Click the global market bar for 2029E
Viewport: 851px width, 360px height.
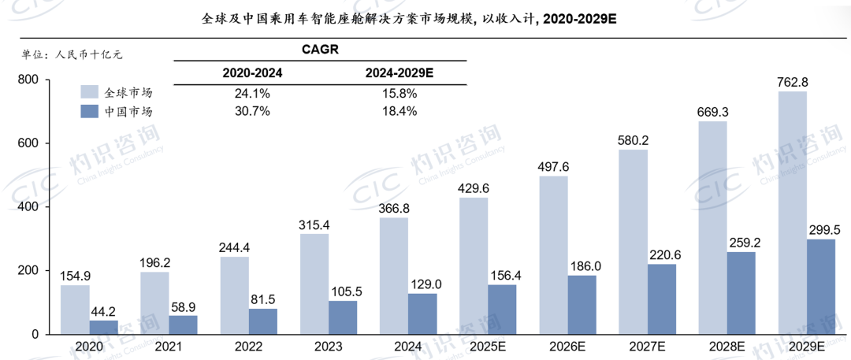click(793, 213)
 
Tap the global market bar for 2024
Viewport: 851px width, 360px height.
click(394, 276)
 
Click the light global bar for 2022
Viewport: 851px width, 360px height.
click(235, 295)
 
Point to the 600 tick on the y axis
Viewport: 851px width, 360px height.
click(28, 143)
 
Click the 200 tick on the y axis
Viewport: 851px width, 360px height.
click(28, 270)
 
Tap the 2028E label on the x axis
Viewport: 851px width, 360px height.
click(725, 346)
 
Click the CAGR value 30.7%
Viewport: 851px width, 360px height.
click(252, 111)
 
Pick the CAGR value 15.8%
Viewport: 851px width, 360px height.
click(399, 93)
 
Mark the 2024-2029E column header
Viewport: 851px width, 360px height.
click(399, 72)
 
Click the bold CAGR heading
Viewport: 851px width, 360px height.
click(321, 49)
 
